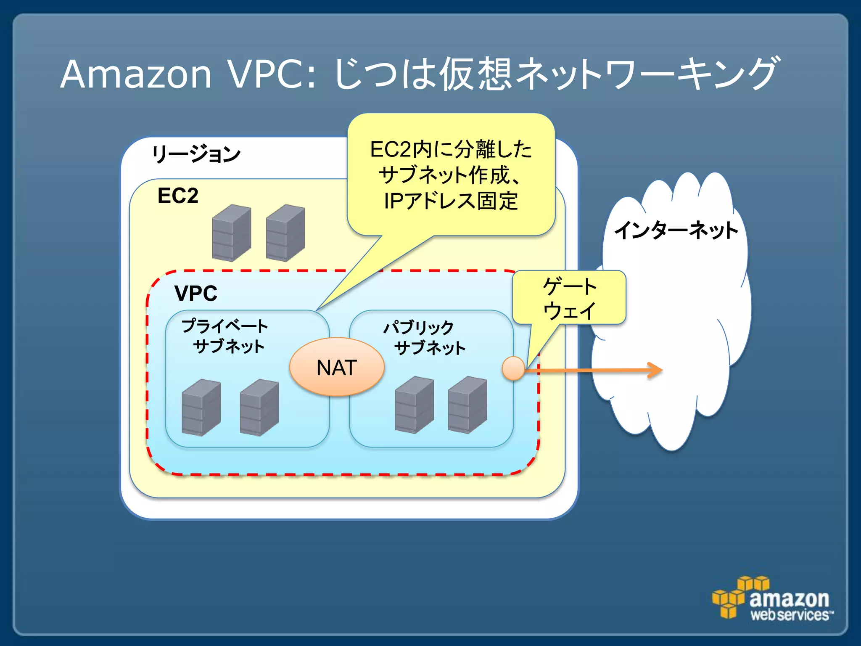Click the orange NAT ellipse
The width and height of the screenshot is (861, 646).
tap(337, 367)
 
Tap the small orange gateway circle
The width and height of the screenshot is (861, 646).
tap(513, 368)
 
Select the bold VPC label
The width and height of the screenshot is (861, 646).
tap(196, 293)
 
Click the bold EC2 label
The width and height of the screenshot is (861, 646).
tap(178, 196)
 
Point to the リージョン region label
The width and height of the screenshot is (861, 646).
tap(196, 154)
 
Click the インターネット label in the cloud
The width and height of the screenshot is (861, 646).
tap(676, 230)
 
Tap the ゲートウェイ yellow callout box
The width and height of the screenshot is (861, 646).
tap(569, 298)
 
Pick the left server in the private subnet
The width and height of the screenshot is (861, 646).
tap(201, 407)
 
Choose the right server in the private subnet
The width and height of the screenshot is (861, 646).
tap(259, 407)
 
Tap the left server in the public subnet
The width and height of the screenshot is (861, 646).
tap(414, 405)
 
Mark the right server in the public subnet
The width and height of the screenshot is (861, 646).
tap(467, 405)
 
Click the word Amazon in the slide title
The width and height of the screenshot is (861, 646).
tap(135, 74)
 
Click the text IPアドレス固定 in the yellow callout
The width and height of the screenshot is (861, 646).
tap(451, 201)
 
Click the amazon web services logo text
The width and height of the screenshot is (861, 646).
tap(790, 606)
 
